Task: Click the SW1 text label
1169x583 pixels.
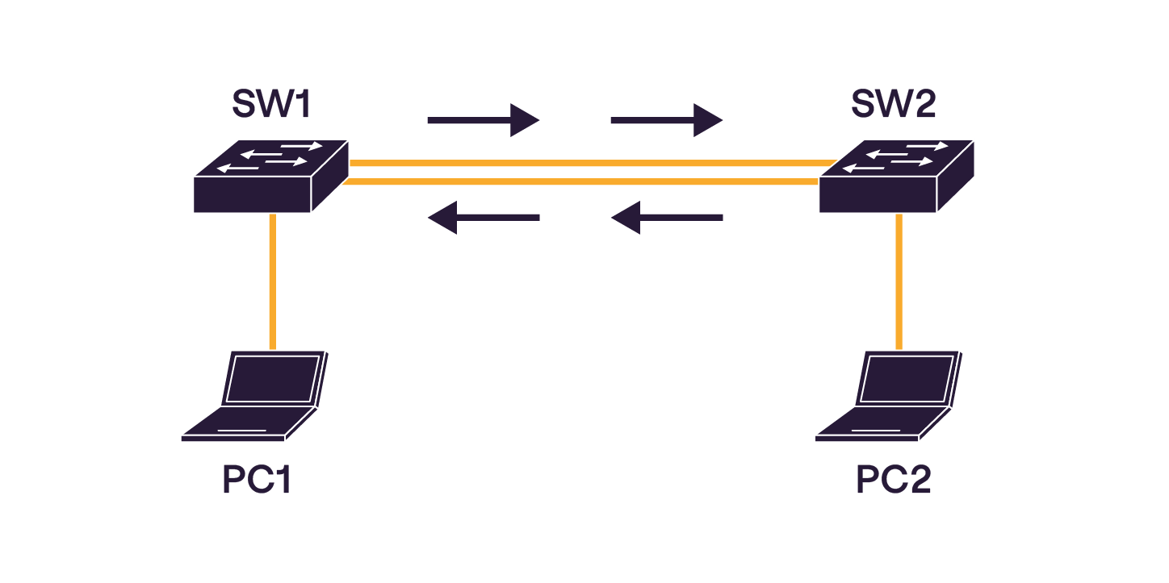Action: tap(271, 104)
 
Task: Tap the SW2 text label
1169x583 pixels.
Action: tap(893, 104)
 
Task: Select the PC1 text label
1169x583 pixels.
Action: tap(256, 481)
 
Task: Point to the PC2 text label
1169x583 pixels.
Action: tap(893, 481)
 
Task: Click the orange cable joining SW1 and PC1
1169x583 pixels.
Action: tap(273, 282)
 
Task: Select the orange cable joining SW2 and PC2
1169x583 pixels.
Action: tap(899, 282)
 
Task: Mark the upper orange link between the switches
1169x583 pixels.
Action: tap(589, 163)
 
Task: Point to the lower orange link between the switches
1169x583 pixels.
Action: tap(581, 181)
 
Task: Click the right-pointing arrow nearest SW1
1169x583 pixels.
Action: tap(483, 121)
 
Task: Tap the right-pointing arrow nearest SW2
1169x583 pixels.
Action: tap(666, 121)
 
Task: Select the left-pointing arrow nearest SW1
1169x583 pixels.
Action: tap(483, 218)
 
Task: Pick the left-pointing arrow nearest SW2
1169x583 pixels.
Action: tap(666, 218)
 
